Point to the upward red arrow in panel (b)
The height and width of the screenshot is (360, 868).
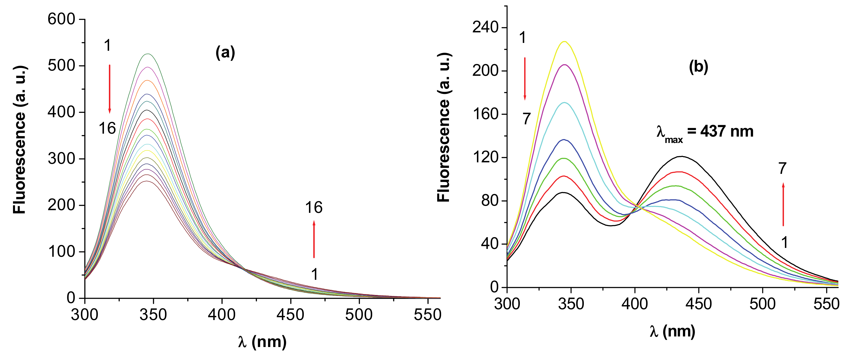(783, 204)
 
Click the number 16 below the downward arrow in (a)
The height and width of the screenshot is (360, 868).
(107, 129)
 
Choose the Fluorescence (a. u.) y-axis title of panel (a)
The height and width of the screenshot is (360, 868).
(20, 140)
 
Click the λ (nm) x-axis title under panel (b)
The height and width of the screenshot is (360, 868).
(672, 332)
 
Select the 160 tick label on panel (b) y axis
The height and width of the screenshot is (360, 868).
(485, 114)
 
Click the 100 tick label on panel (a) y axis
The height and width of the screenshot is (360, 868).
(61, 251)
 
